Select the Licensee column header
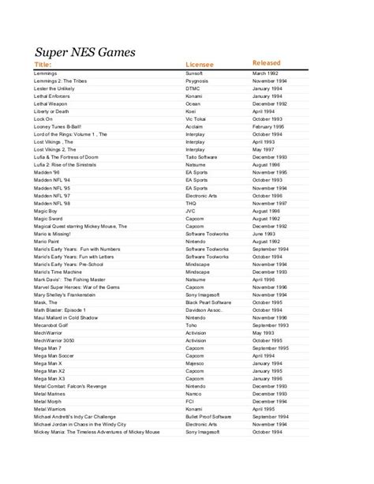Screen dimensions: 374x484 [202, 64]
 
